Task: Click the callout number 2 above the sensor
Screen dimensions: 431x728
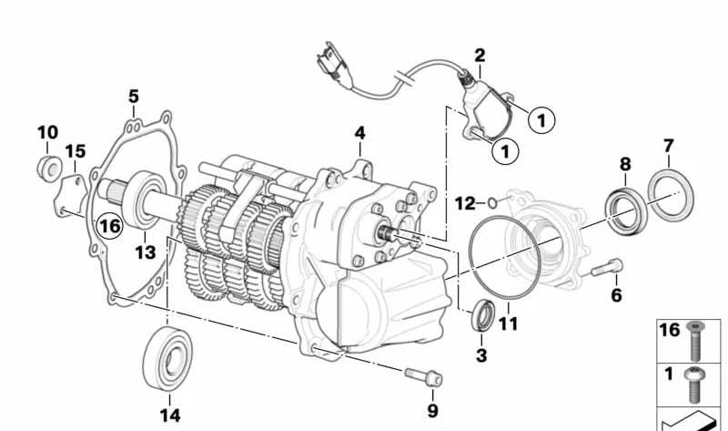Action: [480, 56]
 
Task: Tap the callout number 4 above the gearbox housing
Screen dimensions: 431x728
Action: [360, 133]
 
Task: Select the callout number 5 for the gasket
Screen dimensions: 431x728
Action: [134, 96]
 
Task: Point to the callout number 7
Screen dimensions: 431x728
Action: [668, 146]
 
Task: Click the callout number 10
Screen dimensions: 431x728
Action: [46, 133]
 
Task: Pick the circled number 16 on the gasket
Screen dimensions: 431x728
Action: [109, 224]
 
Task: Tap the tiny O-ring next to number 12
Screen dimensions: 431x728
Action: [492, 201]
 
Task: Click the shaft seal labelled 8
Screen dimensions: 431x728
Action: [623, 209]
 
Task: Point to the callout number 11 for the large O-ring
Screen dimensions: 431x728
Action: [508, 323]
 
